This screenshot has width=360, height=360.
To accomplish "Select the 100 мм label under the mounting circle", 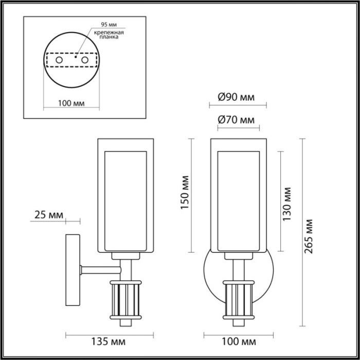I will [71, 103].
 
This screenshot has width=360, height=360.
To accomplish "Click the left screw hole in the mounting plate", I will [59, 60].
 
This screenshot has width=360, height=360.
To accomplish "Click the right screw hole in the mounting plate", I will [84, 60].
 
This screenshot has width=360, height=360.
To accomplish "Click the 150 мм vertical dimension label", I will [185, 193].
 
